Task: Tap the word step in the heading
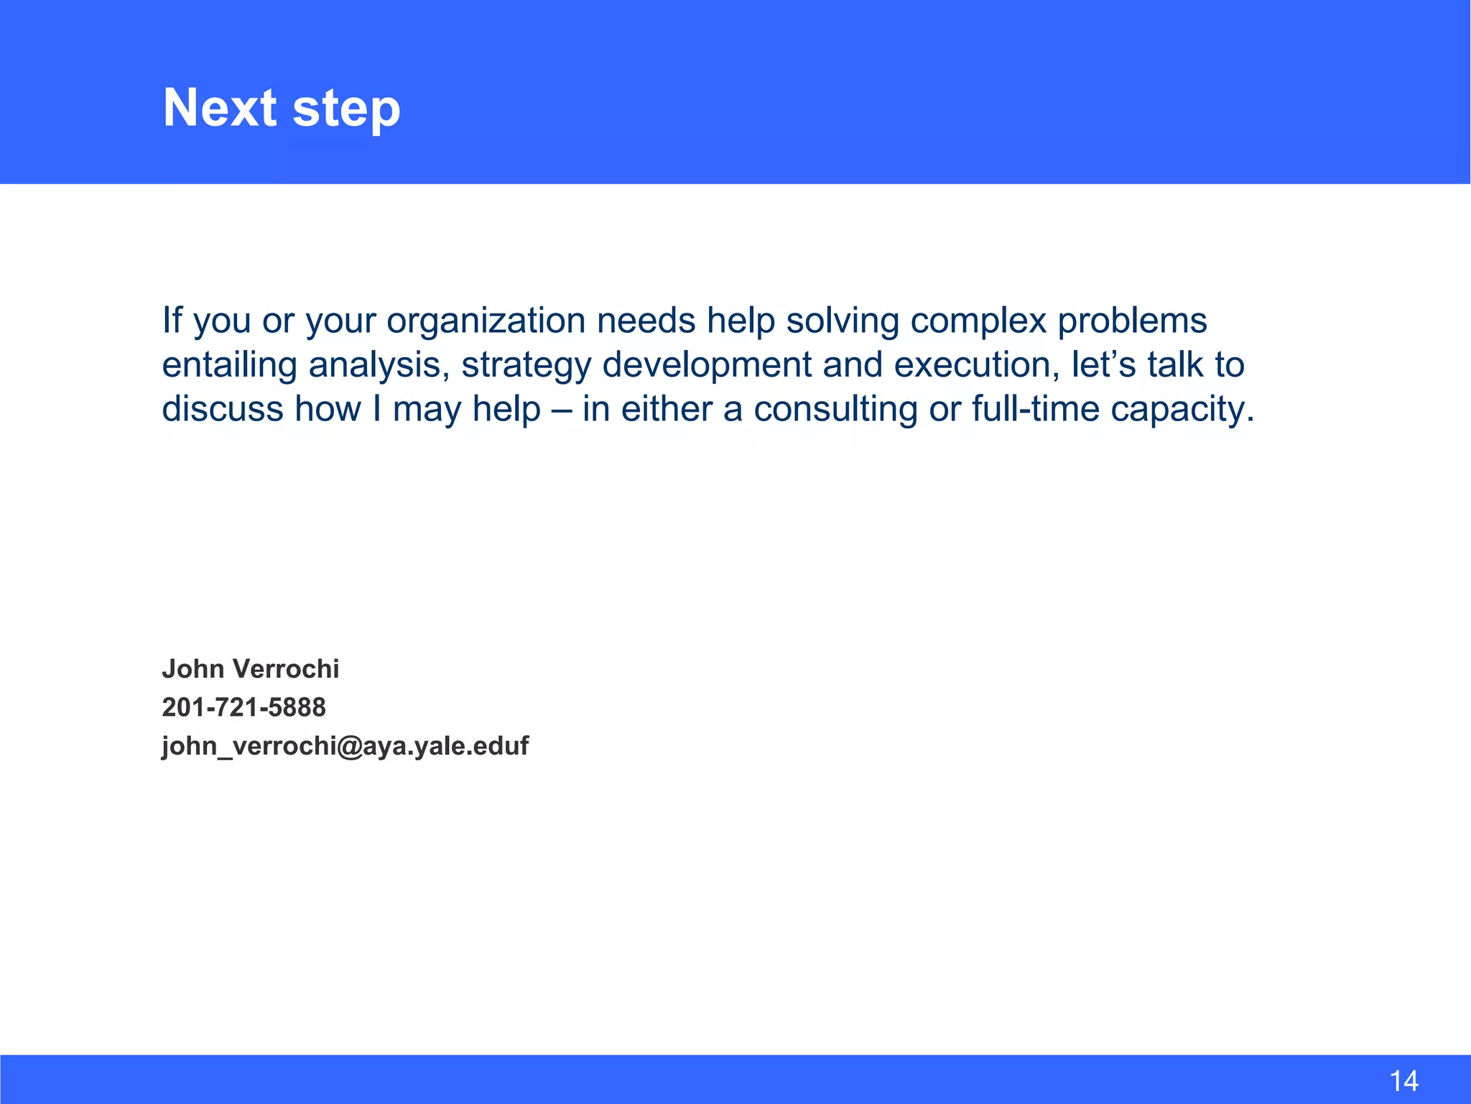pyautogui.click(x=346, y=109)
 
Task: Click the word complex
pyautogui.click(x=978, y=321)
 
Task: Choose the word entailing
pyautogui.click(x=229, y=365)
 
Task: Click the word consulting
pyautogui.click(x=835, y=409)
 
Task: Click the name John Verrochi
pyautogui.click(x=250, y=669)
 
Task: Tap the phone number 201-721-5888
pyautogui.click(x=243, y=707)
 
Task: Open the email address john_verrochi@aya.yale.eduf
pyautogui.click(x=345, y=746)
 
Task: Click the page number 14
pyautogui.click(x=1403, y=1081)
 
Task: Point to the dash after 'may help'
pyautogui.click(x=562, y=409)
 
